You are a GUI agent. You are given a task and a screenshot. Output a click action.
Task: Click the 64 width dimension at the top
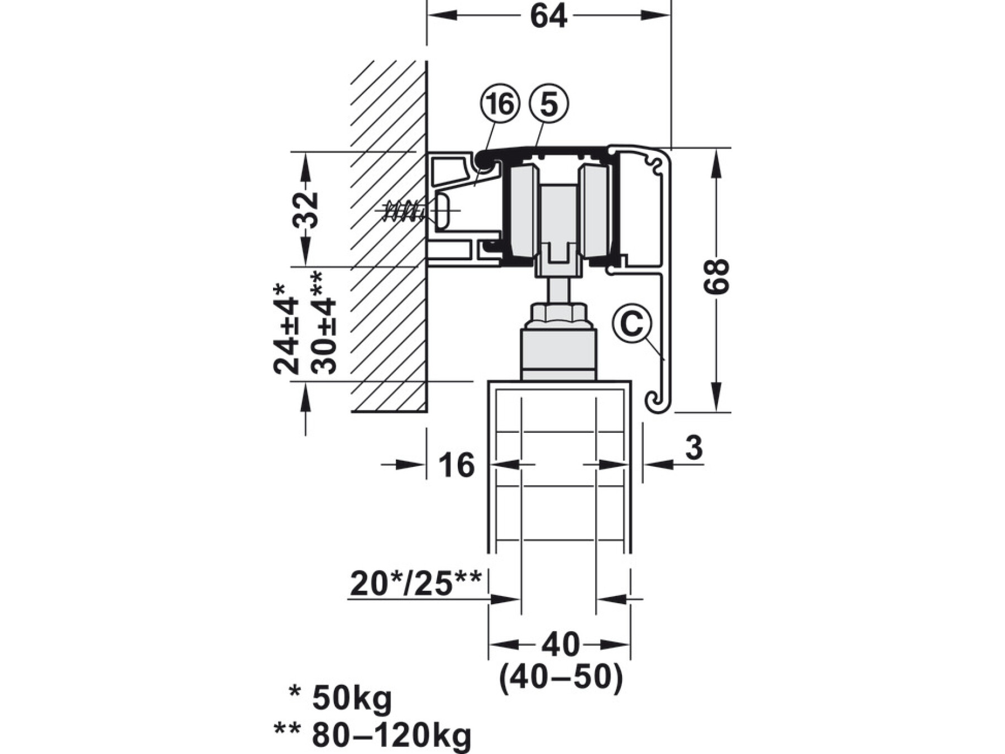[x=548, y=16]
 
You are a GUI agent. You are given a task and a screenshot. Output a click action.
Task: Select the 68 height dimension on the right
[x=716, y=276]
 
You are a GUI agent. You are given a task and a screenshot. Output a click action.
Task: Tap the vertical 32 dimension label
[x=305, y=210]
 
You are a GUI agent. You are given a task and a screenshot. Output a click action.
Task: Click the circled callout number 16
[x=499, y=104]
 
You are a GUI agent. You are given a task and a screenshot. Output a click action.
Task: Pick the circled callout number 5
[x=549, y=104]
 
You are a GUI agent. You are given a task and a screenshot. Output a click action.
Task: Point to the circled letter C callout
[x=631, y=323]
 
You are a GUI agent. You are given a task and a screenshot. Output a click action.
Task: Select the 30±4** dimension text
[x=323, y=323]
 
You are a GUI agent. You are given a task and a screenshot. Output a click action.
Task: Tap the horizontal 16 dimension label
[x=457, y=465]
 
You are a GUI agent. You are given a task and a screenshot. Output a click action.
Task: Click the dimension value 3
[x=693, y=447]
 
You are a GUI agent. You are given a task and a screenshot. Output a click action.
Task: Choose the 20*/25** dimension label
[x=415, y=584]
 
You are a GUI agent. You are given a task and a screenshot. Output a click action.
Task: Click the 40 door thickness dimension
[x=561, y=645]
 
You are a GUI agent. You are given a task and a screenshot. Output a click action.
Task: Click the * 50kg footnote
[x=341, y=698]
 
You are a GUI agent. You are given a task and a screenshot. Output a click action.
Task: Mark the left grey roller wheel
[x=523, y=211]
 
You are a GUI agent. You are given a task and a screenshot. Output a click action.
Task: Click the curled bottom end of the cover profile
[x=658, y=401]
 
